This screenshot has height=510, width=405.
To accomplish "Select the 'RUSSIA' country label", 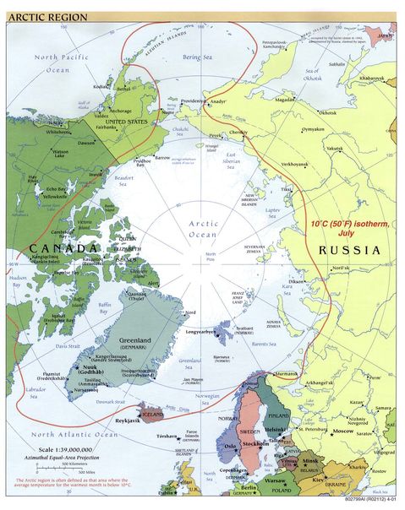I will (348, 251).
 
